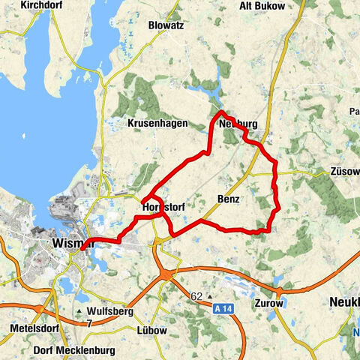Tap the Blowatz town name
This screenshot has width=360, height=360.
(x=166, y=25)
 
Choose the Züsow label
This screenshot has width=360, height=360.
(x=344, y=171)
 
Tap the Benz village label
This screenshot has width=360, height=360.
(x=229, y=200)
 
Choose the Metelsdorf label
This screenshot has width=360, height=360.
(x=31, y=330)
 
